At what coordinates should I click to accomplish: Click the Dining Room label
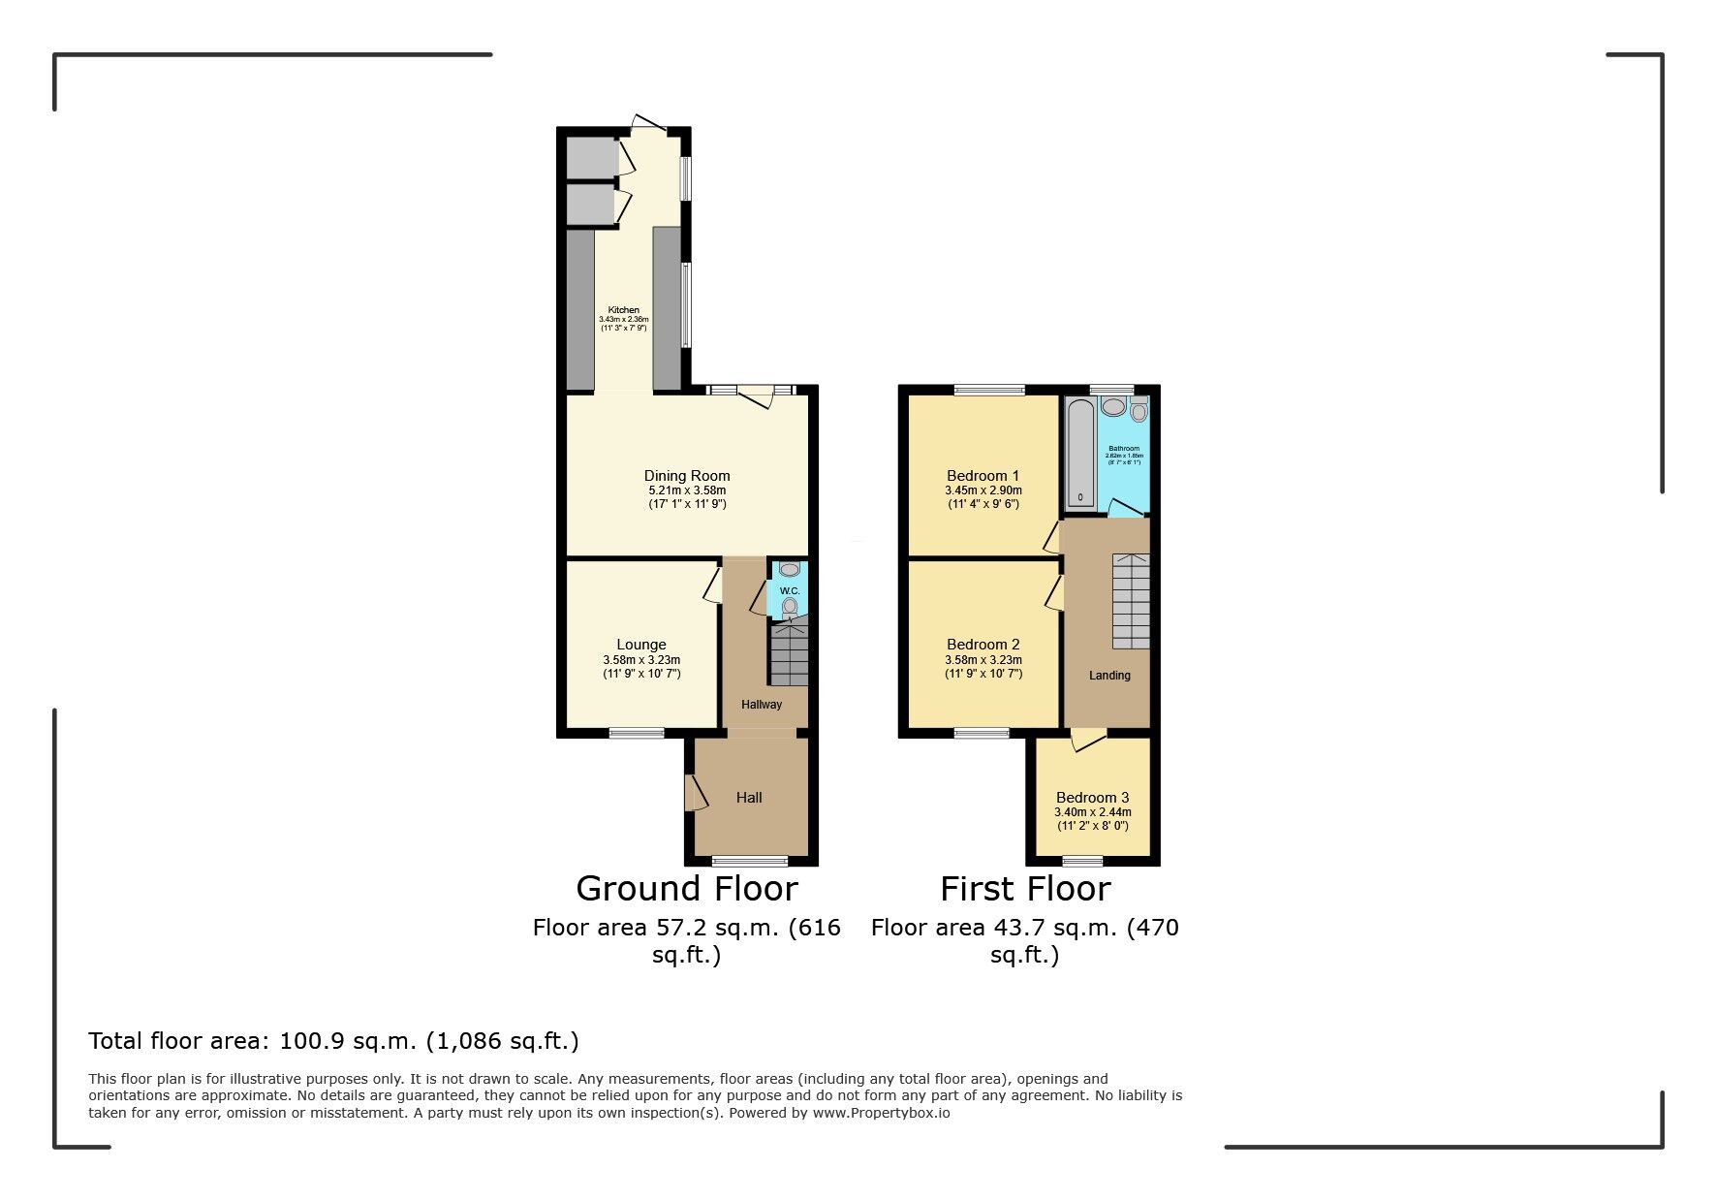tap(686, 476)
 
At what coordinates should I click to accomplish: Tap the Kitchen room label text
tap(623, 310)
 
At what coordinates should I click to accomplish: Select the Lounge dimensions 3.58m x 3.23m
tap(641, 660)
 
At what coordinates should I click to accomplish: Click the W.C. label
tap(790, 591)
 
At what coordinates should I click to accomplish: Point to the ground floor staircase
tap(789, 655)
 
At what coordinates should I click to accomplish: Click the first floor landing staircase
tap(1130, 601)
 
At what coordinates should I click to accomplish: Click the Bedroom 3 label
tap(1092, 798)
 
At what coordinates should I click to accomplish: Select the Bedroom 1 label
tap(983, 476)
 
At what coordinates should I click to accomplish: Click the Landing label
tap(1109, 676)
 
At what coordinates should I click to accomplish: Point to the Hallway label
tap(761, 705)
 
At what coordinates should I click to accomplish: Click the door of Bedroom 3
tap(1088, 741)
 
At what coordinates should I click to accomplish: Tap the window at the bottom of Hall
tap(750, 860)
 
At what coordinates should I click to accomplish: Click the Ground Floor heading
tap(686, 889)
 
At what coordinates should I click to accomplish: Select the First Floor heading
tap(1024, 889)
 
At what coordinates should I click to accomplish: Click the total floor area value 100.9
tap(310, 1041)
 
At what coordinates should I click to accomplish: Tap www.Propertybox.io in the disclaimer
tap(881, 1113)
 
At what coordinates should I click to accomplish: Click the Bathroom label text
tap(1124, 449)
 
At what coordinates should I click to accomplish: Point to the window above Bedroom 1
tap(989, 391)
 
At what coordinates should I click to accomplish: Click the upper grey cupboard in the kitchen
tap(591, 157)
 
